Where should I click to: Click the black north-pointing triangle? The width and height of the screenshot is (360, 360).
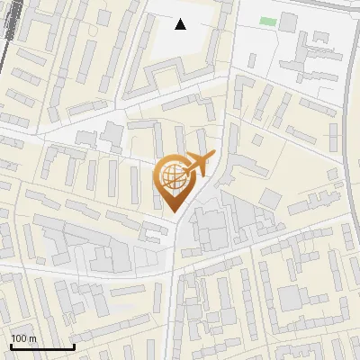181,24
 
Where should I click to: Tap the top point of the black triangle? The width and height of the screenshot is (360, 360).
181,19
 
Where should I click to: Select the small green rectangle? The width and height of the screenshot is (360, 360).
268,21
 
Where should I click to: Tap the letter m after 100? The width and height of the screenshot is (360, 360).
32,339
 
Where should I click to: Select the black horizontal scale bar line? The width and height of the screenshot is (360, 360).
42,347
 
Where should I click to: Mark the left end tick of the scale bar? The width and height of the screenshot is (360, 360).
10,346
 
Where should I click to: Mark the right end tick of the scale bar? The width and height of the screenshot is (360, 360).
75,346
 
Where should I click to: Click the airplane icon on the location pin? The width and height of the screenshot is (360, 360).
198,165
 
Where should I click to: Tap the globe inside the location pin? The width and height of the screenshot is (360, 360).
173,175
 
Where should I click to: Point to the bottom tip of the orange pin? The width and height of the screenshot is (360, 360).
174,212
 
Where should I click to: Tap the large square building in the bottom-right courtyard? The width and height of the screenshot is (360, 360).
292,297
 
